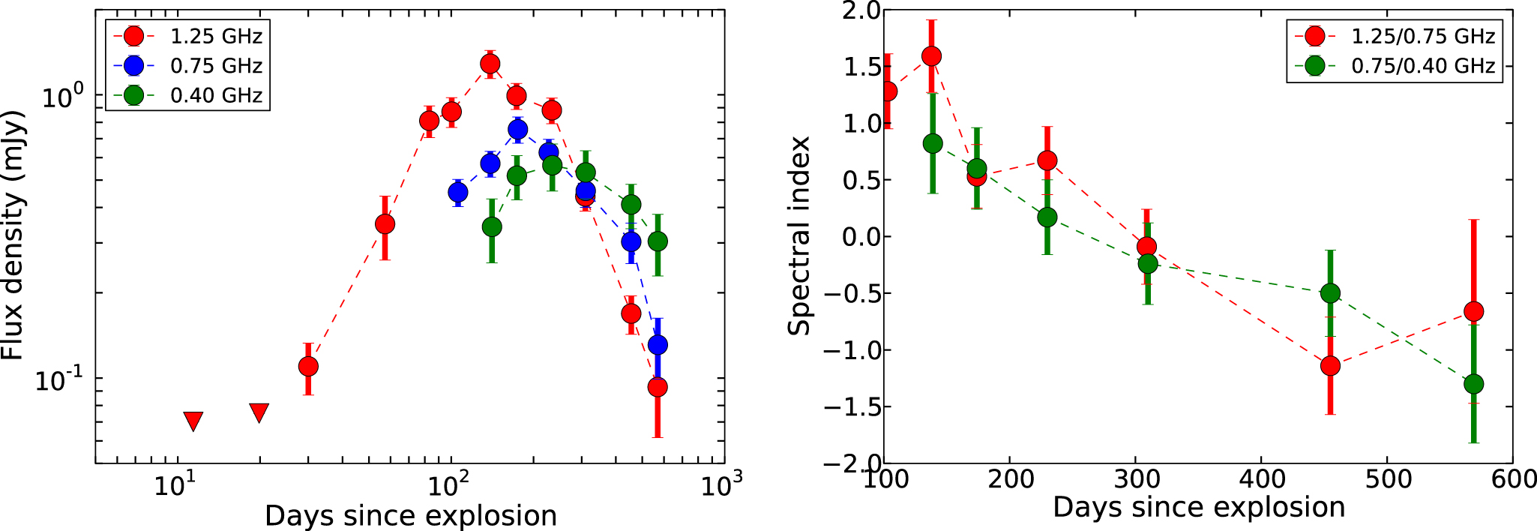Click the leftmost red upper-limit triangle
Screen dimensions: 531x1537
(x=193, y=421)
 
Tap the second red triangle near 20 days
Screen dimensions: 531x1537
(x=259, y=412)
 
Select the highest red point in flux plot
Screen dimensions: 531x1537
(x=490, y=64)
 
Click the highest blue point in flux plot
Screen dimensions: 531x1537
(x=517, y=129)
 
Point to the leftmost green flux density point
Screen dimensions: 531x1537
(x=492, y=226)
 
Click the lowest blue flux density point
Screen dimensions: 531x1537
(x=658, y=345)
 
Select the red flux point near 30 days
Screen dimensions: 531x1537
(x=308, y=366)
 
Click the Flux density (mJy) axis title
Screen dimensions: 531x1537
(x=13, y=235)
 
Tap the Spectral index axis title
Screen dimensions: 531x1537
(x=799, y=235)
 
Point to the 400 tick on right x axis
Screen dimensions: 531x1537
(x=1262, y=478)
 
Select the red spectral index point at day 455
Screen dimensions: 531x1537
(x=1330, y=366)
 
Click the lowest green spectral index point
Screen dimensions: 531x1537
(x=1473, y=384)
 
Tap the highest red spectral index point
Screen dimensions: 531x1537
(x=931, y=56)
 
